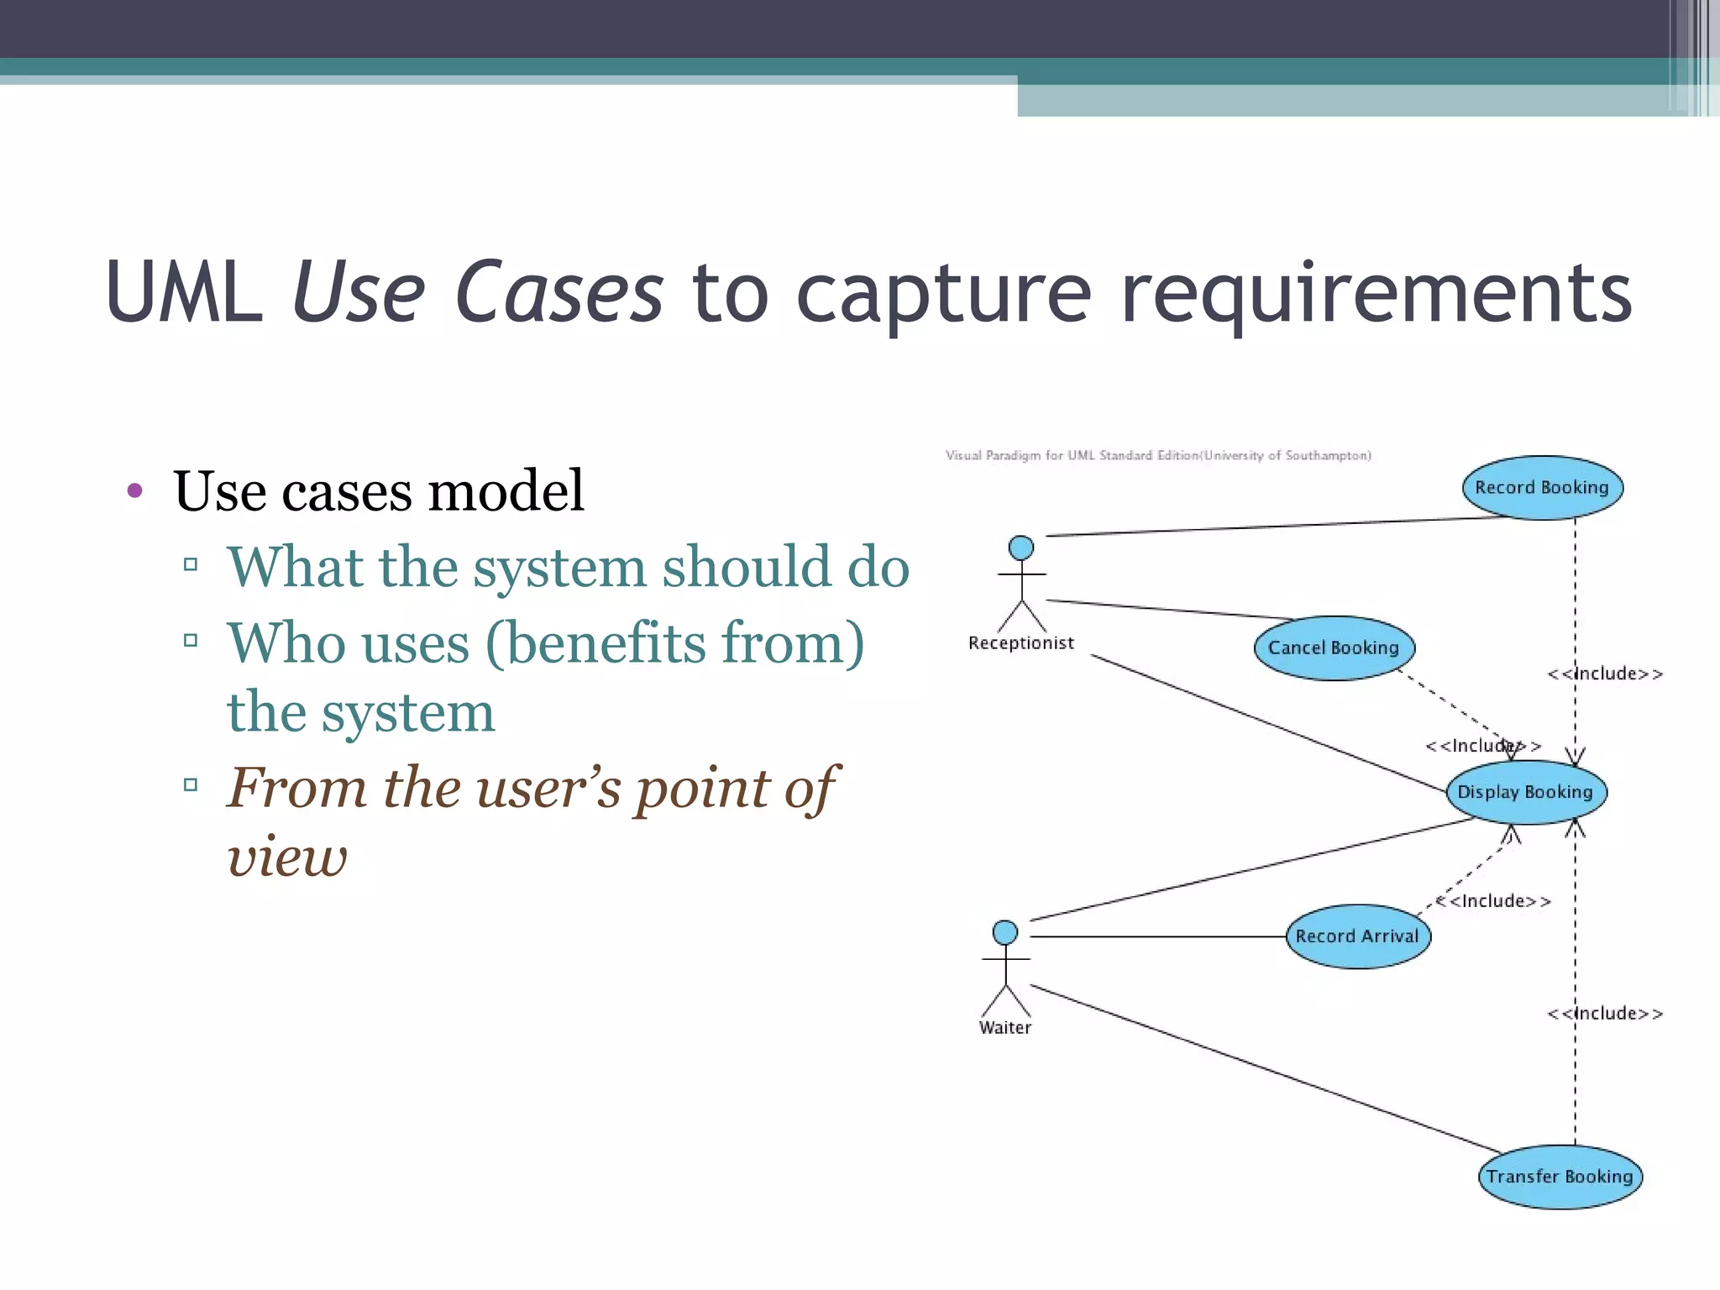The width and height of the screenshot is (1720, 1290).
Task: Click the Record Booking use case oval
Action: click(1542, 488)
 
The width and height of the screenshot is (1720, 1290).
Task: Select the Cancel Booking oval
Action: click(1334, 648)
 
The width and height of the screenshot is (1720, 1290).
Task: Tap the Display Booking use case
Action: click(1525, 792)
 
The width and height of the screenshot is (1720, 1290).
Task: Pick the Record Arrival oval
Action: click(1357, 936)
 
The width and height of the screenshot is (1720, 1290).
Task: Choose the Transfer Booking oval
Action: click(1560, 1177)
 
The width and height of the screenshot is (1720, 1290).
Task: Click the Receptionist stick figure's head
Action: click(1021, 548)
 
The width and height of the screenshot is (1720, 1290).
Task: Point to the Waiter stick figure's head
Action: click(1005, 932)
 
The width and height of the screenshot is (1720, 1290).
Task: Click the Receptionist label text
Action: click(1021, 643)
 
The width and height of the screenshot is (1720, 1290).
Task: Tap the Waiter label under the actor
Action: click(1005, 1028)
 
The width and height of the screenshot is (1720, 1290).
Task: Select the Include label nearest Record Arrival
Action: click(1493, 901)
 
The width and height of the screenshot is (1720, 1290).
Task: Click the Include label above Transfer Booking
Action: click(1605, 1014)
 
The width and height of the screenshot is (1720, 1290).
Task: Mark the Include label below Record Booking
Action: click(1605, 674)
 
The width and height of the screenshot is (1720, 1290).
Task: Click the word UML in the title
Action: click(184, 293)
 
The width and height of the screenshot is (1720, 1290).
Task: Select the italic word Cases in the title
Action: click(559, 293)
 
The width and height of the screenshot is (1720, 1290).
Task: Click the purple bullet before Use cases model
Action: click(134, 490)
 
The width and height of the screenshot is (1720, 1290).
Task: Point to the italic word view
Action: click(287, 857)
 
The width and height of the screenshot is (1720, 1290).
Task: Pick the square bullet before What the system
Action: click(191, 564)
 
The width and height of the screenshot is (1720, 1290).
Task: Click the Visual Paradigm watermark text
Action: click(1158, 455)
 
